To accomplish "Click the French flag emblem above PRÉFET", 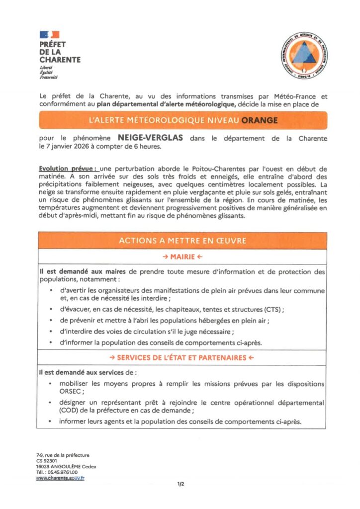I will [49, 34].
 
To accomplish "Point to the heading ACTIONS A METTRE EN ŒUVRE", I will [182, 241].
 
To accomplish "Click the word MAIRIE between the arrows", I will [182, 257].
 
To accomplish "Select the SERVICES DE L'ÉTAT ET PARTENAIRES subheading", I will [182, 357].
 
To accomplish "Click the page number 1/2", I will [180, 483].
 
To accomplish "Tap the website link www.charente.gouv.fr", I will [60, 478].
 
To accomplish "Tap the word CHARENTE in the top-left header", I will [60, 60].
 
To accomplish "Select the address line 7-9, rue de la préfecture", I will [63, 455].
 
